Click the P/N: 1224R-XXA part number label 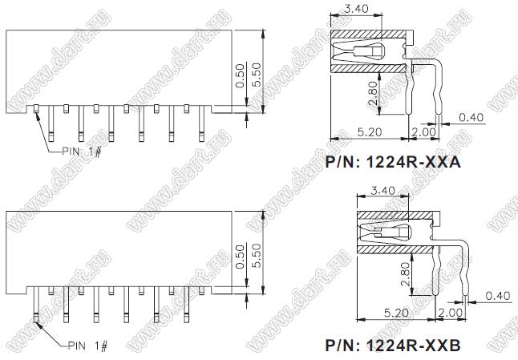point(393,162)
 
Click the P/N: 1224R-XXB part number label point(393,345)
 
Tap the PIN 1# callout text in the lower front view point(87,346)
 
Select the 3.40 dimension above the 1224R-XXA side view point(356,9)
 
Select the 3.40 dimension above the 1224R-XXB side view point(382,191)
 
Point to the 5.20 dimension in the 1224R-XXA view point(370,132)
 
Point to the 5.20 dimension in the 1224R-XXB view point(396,313)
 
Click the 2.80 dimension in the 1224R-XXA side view point(372,93)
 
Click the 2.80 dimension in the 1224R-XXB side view point(405,273)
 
